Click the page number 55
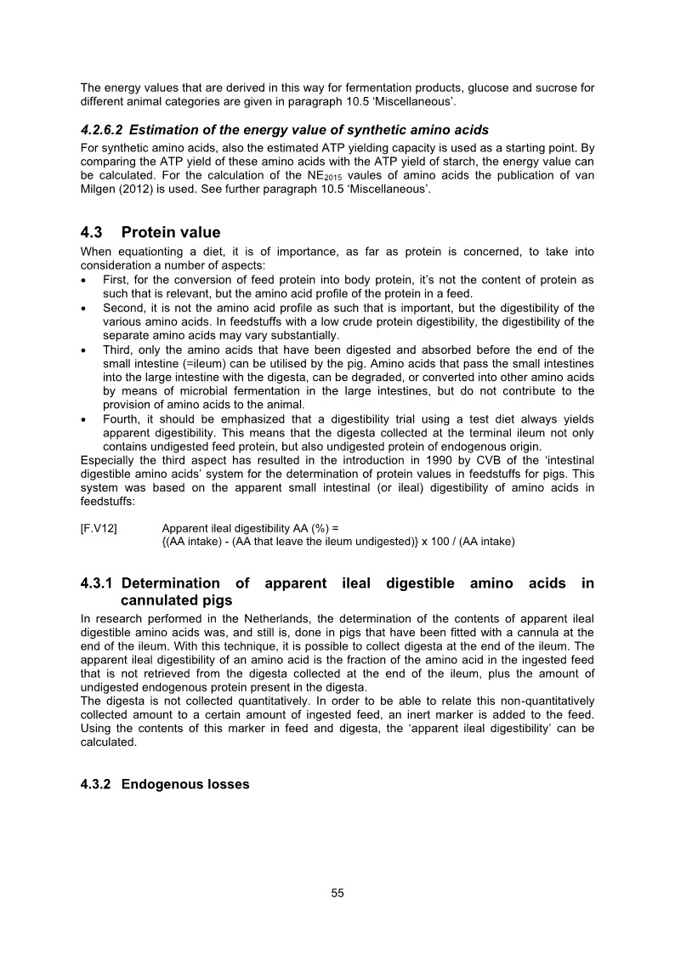point(337,893)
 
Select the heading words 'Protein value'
point(171,232)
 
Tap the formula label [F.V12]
point(99,528)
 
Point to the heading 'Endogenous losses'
point(185,784)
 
